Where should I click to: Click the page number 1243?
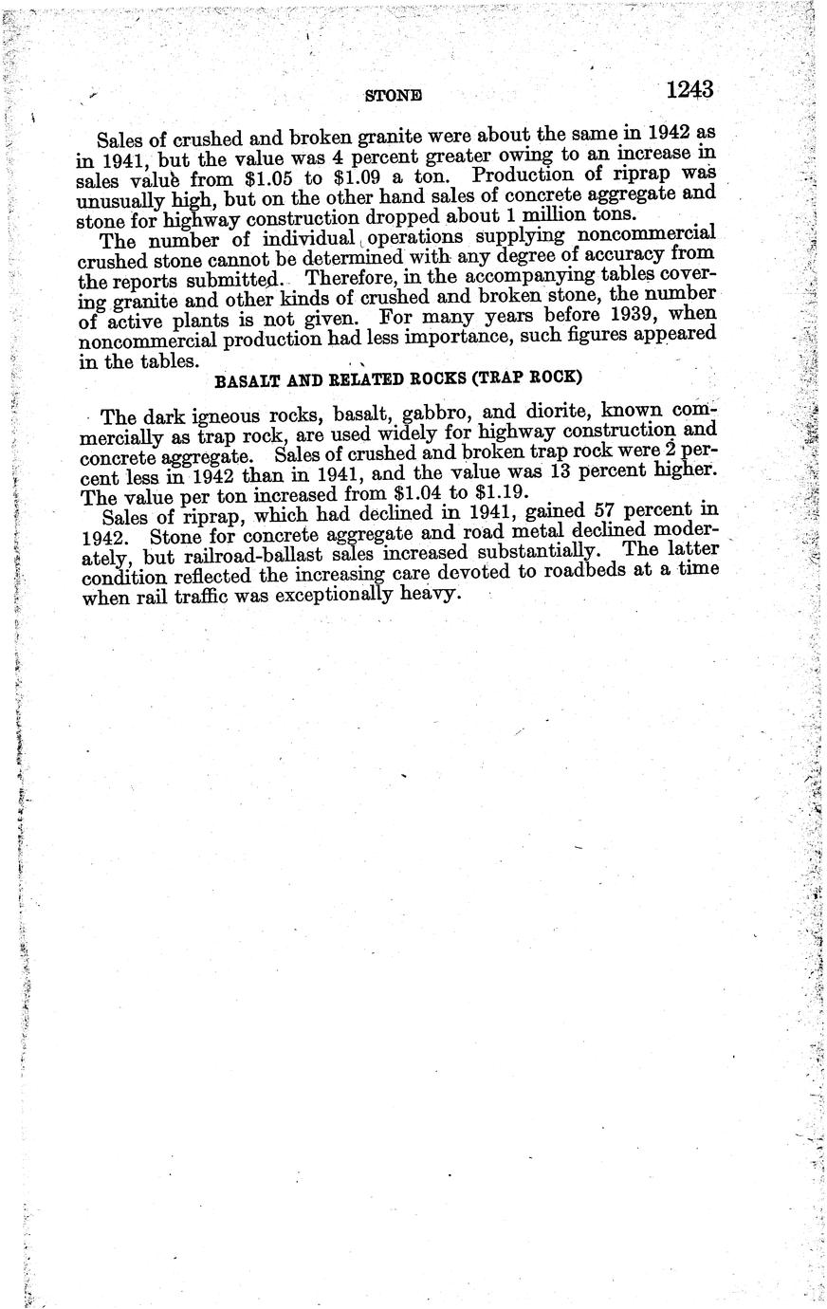(689, 89)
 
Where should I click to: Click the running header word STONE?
(393, 96)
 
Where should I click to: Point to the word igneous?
(215, 417)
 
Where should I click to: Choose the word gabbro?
(415, 416)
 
